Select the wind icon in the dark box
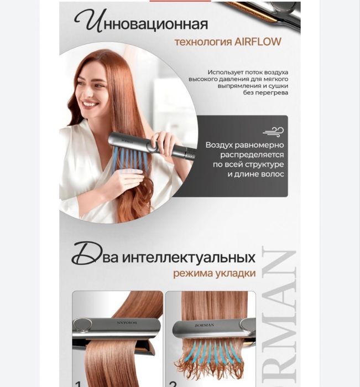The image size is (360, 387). click(273, 131)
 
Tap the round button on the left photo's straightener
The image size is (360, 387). click(83, 324)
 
